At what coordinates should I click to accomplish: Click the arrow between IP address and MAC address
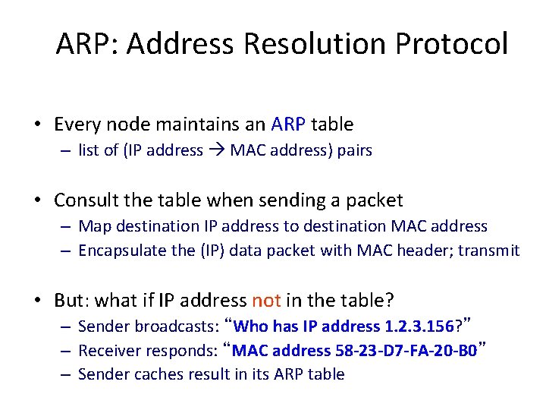[217, 150]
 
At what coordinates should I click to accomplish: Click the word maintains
[192, 124]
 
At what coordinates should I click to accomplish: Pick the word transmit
[494, 251]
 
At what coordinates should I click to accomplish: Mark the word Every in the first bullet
[75, 124]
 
